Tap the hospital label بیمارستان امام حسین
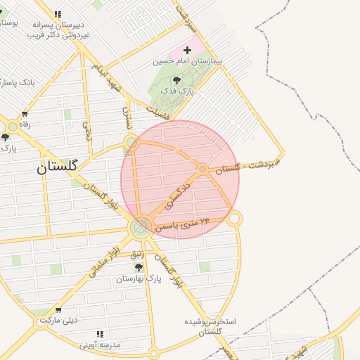tap(188, 62)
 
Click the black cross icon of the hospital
tap(187, 51)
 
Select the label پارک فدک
tap(176, 91)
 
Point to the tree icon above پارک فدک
tap(176, 80)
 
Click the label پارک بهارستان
tap(139, 279)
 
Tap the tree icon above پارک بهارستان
tap(139, 267)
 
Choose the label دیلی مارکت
tap(57, 320)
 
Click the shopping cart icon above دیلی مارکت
tap(58, 309)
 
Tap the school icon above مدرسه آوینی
tap(100, 334)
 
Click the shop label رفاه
tap(25, 124)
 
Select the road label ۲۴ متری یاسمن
tap(186, 224)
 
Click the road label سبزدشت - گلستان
tap(248, 166)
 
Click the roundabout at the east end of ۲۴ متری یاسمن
tap(235, 219)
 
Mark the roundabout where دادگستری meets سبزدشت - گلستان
tap(202, 169)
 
